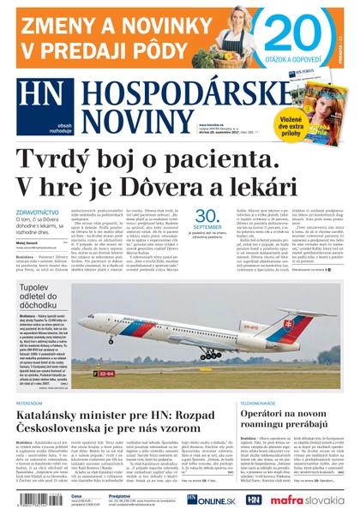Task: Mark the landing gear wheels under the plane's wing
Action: click(208, 355)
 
